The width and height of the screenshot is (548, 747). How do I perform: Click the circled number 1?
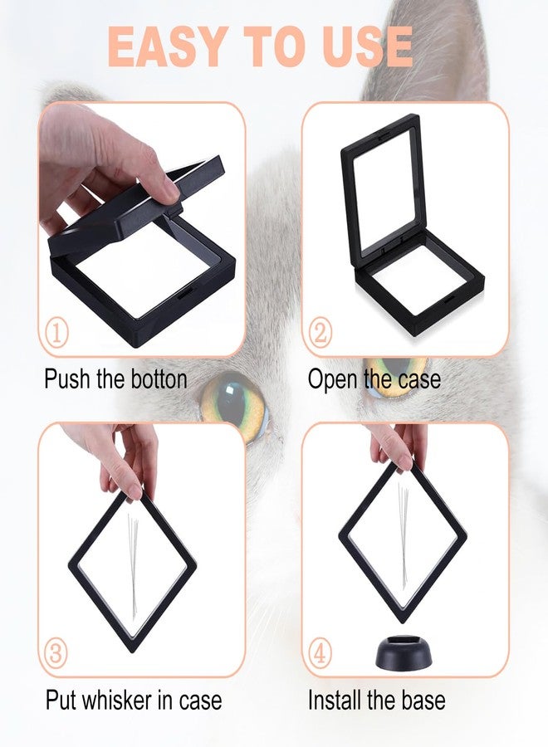click(56, 334)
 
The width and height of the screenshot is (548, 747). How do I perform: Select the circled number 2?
click(320, 333)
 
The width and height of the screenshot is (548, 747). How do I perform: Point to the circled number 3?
click(56, 653)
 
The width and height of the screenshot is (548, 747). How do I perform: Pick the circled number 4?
click(320, 653)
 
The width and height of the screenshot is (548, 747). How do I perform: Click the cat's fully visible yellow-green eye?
click(234, 403)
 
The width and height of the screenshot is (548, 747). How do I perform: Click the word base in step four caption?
click(423, 701)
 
